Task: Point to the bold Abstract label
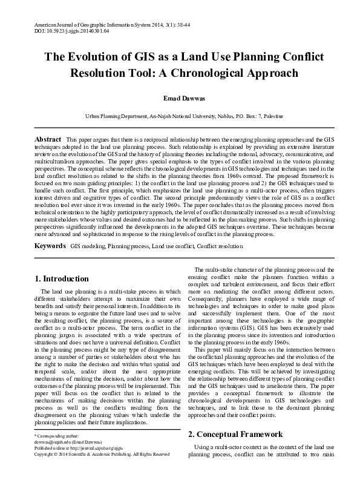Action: pos(47,139)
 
